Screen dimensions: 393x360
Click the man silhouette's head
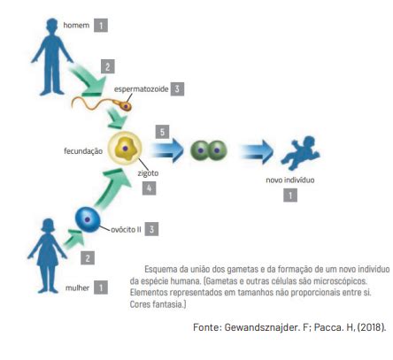[52, 26]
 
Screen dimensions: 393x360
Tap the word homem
[76, 26]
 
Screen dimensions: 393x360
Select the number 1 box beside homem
[101, 26]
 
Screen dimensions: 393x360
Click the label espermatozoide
[141, 89]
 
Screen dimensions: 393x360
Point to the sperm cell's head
[126, 105]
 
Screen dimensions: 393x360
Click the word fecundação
[83, 151]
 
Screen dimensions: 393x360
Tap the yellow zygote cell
[125, 148]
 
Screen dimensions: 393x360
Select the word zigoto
[148, 173]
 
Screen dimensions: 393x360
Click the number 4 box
[149, 188]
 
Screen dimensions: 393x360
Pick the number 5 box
[163, 132]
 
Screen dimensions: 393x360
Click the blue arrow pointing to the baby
[257, 151]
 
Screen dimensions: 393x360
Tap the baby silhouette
[300, 153]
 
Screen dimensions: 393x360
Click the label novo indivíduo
[290, 180]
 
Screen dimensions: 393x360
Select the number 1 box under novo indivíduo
[290, 195]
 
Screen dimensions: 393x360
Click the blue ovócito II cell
[88, 219]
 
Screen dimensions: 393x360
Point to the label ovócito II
[126, 229]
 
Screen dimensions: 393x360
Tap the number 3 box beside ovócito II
[151, 229]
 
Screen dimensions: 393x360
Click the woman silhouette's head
[48, 226]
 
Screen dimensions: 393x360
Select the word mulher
[77, 287]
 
